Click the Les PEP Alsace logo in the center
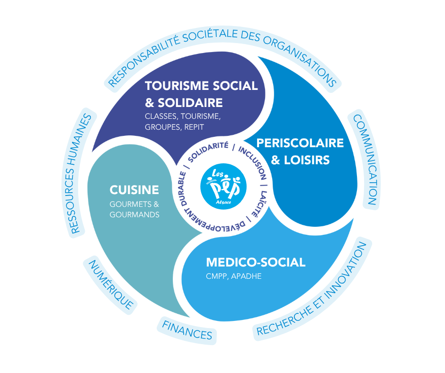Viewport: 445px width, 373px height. point(223,186)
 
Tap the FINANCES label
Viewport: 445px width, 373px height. point(187,331)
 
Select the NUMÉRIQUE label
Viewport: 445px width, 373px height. point(111,285)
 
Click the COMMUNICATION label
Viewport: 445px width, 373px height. point(365,160)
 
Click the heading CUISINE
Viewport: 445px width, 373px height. point(134,190)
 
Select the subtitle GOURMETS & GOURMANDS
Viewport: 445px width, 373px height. point(134,209)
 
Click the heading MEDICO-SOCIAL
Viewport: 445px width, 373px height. point(256,262)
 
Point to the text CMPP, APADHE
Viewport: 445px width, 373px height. point(233,276)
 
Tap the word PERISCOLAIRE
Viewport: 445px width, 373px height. point(300,143)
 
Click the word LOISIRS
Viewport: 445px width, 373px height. point(307,160)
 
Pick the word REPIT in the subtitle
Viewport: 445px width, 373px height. point(194,127)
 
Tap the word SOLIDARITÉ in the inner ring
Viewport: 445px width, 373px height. point(208,151)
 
